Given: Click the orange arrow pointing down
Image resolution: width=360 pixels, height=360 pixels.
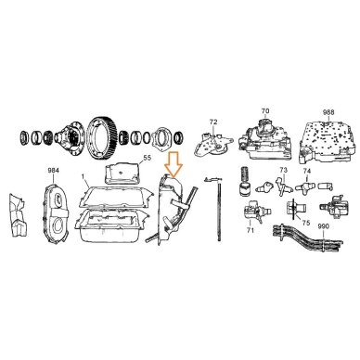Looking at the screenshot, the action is click(174, 165).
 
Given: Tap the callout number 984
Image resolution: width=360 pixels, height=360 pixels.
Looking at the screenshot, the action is click(54, 171).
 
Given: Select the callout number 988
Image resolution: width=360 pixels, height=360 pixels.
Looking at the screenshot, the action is click(328, 112).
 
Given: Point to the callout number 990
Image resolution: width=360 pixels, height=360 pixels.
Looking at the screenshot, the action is click(323, 226).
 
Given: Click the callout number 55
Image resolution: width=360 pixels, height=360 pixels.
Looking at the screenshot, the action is click(148, 158).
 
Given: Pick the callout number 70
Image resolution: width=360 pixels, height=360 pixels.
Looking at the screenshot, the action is click(265, 110).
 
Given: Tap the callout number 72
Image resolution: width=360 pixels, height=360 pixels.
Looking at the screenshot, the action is click(213, 122).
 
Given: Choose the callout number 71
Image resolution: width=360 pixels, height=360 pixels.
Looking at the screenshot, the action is click(251, 230).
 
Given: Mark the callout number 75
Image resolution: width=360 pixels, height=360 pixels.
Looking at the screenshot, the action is click(306, 223).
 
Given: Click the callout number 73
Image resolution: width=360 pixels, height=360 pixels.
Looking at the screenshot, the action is click(283, 170).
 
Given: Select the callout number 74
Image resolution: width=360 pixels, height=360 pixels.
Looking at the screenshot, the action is click(306, 171).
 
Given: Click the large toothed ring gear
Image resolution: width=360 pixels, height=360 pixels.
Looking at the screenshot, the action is click(103, 135).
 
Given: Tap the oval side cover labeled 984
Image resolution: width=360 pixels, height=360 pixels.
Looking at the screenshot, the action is click(55, 214).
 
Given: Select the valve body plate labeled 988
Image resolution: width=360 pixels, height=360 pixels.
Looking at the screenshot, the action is click(328, 141).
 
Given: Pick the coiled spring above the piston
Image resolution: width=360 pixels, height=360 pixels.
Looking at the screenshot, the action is click(245, 175).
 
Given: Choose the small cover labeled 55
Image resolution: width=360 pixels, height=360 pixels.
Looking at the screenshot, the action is click(122, 174).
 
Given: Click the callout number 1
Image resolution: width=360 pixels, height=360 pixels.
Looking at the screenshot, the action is click(83, 176).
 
